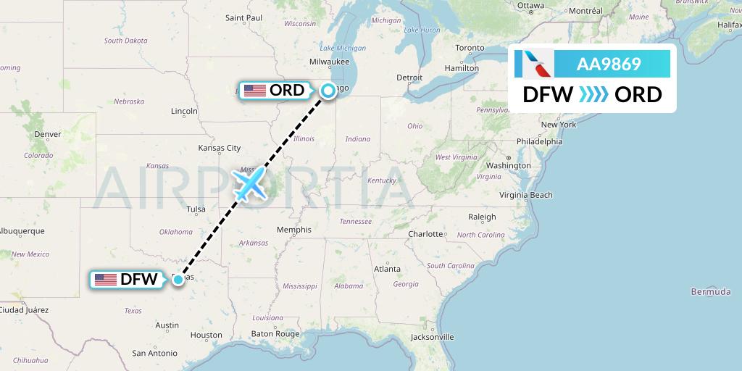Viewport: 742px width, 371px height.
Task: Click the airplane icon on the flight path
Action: [249, 185]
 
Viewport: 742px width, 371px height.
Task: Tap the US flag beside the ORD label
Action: [254, 91]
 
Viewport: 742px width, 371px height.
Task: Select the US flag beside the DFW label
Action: [106, 279]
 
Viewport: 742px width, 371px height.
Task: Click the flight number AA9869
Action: [609, 64]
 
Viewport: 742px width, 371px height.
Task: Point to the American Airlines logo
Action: [533, 64]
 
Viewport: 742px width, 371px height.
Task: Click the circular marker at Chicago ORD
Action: [328, 90]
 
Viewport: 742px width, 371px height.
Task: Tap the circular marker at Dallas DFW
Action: [178, 279]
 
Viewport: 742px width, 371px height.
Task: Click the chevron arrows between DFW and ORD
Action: [594, 95]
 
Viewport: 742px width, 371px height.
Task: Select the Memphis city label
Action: [294, 230]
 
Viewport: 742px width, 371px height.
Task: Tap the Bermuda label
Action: [711, 291]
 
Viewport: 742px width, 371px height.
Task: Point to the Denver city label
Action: [47, 134]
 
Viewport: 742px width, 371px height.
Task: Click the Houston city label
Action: [206, 335]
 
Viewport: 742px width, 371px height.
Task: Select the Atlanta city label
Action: [387, 269]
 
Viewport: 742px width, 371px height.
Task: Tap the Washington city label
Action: [509, 166]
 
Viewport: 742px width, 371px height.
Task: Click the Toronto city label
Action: [470, 48]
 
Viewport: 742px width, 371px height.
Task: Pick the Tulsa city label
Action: [196, 209]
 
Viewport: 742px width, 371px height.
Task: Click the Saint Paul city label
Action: [243, 17]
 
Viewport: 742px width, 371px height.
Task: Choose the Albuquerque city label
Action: [22, 231]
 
